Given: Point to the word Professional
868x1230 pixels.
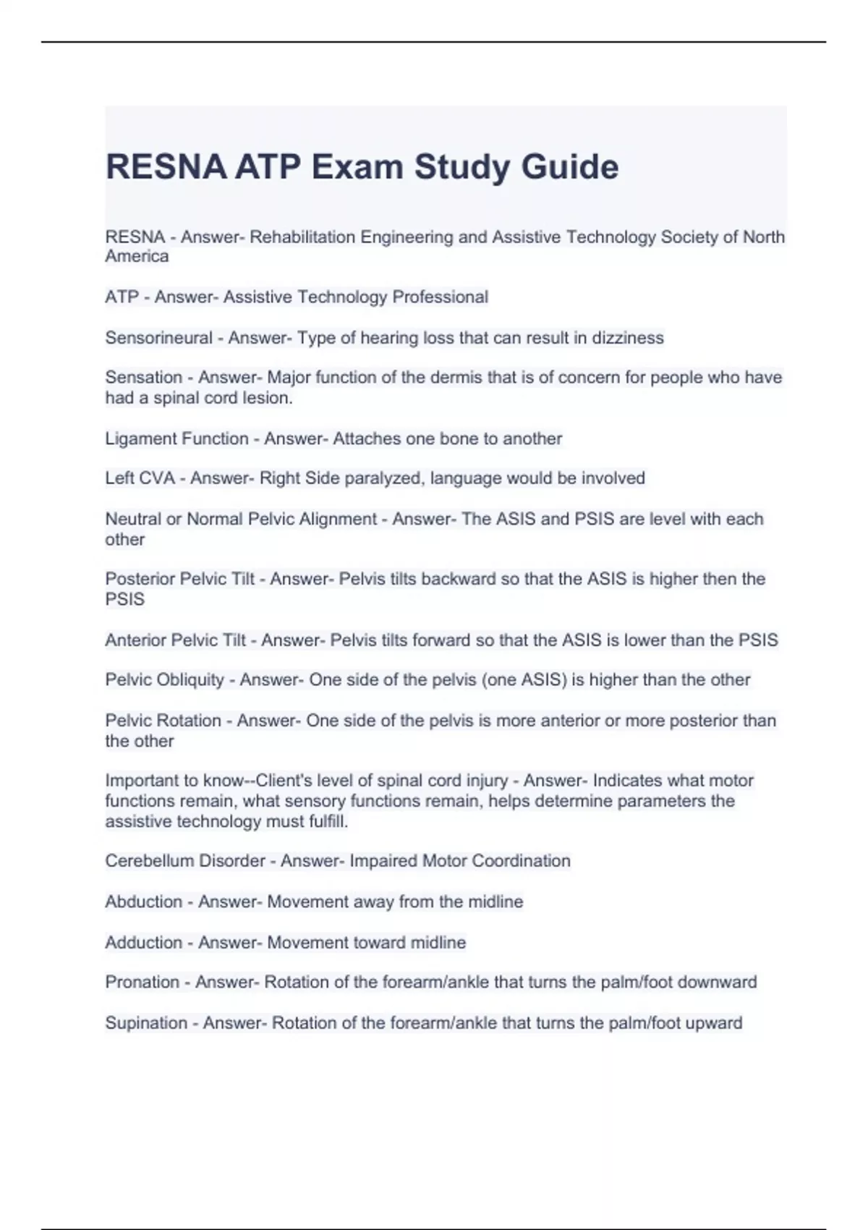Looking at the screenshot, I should coord(440,297).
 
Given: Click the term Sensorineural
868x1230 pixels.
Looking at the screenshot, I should coord(158,338).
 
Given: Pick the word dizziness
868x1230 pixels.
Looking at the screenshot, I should coord(628,338).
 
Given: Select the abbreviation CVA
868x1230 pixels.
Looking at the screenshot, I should coord(157,478).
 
